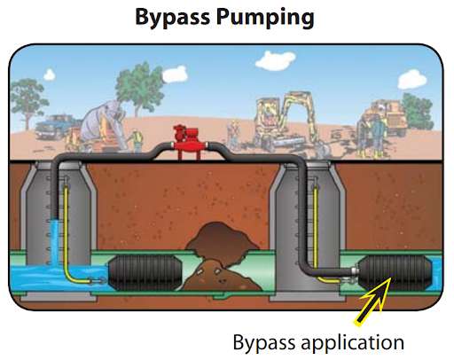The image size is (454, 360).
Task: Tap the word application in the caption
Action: click(352, 343)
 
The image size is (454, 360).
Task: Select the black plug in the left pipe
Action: click(145, 272)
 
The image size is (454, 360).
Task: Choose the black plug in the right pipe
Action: click(395, 273)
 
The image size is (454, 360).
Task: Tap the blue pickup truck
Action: click(55, 127)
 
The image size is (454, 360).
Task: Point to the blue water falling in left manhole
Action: click(55, 241)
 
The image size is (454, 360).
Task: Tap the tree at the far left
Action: click(27, 100)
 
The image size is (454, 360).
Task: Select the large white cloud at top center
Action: click(275, 60)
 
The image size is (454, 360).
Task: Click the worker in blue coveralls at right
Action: click(377, 136)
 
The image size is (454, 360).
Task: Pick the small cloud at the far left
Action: click(50, 74)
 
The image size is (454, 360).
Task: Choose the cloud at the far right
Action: click(412, 79)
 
